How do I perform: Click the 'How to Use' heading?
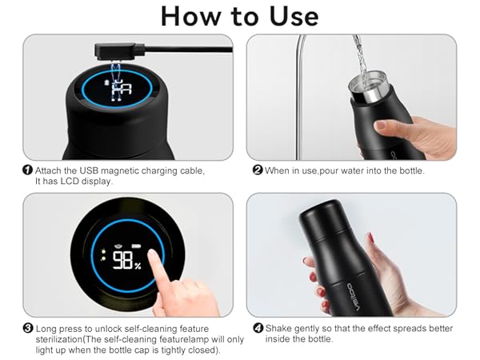point(240,16)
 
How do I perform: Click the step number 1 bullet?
point(28,170)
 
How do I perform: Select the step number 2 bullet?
point(258,170)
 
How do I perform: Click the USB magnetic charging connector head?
point(103,51)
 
